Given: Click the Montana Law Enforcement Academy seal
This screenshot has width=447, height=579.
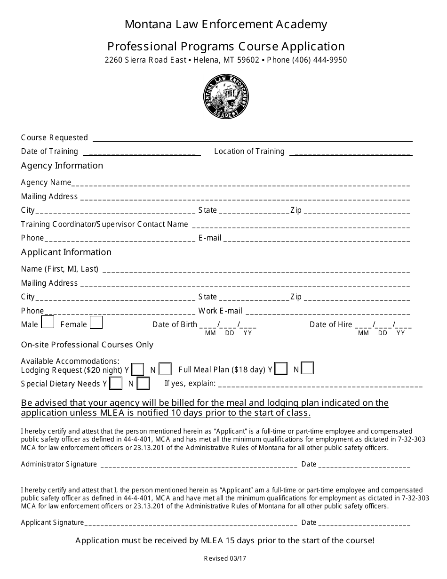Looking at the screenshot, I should click(226, 97).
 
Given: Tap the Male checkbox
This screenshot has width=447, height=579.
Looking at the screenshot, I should click(48, 322).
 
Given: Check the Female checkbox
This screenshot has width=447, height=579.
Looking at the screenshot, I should click(96, 322).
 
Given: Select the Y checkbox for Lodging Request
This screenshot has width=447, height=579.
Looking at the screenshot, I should click(138, 369).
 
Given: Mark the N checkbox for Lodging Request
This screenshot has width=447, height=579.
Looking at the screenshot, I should click(165, 369).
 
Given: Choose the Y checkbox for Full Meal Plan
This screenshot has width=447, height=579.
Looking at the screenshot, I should click(281, 369).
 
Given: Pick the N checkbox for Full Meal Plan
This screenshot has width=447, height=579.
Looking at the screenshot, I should click(307, 368).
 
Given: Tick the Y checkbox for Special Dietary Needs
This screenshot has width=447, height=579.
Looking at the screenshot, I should click(116, 383).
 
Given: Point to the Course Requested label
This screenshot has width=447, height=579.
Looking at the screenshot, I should click(55, 137).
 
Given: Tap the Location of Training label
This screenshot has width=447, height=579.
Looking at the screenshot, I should click(249, 151).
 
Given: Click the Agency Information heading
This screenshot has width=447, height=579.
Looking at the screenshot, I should click(62, 166).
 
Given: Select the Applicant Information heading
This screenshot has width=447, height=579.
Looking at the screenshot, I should click(66, 252).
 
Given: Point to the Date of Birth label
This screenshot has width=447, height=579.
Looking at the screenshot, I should click(175, 324).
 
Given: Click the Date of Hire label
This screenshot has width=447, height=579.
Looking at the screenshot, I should click(330, 324).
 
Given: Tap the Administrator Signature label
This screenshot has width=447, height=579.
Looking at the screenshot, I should click(59, 464).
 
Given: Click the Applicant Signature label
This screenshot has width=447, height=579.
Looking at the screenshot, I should click(52, 522).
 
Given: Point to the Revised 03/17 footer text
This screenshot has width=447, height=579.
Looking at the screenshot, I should click(225, 559).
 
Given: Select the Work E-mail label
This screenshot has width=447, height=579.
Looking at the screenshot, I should click(220, 311).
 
